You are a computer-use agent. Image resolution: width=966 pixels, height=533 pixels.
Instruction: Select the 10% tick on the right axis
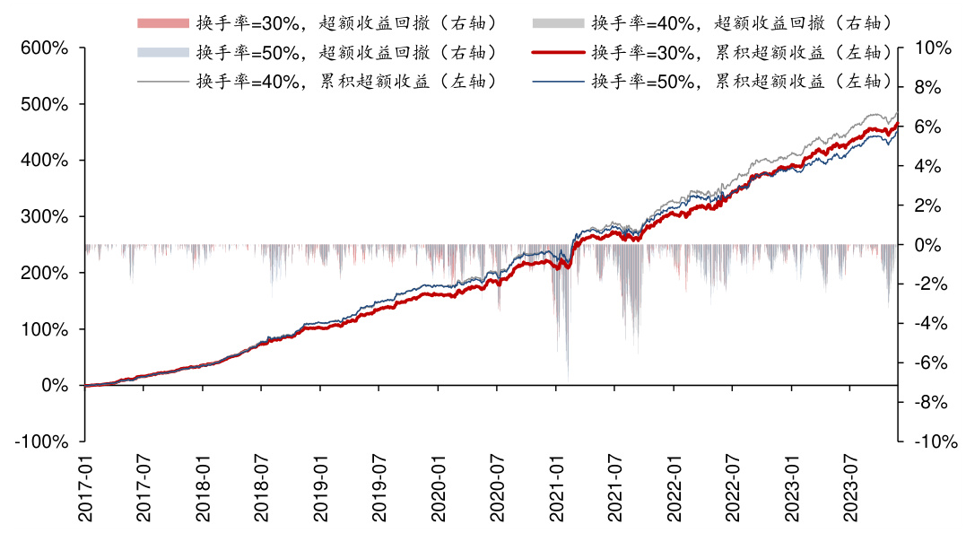coord(931,48)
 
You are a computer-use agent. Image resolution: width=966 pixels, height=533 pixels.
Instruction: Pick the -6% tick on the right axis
coord(930,363)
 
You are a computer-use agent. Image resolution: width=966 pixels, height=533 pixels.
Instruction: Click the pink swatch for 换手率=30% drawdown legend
coord(163,22)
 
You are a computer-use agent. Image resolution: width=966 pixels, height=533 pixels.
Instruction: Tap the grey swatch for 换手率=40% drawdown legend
coord(558,22)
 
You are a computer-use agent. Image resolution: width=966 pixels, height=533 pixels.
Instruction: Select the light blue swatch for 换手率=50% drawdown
coord(163,52)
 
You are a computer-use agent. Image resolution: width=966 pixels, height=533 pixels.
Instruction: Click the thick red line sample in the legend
coord(558,52)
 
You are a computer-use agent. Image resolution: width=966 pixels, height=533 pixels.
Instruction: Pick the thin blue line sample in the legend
coord(558,82)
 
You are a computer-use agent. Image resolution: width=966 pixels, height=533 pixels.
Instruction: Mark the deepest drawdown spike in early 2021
coord(568,377)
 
